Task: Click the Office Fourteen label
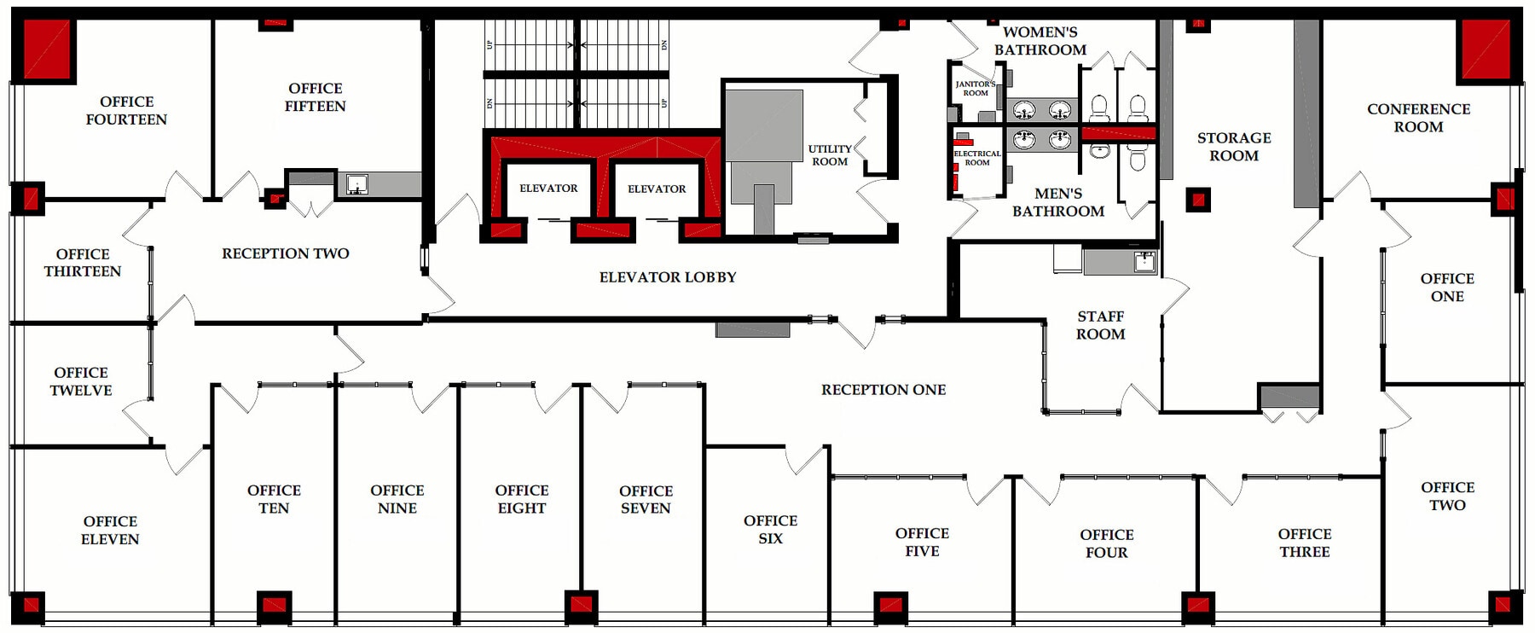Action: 126,111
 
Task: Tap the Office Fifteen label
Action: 315,97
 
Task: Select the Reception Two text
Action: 285,253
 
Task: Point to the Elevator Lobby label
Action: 667,277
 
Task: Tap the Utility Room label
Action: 829,155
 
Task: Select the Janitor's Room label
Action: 975,89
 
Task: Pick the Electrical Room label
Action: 977,158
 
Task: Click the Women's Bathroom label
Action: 1040,41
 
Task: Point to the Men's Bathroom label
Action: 1057,202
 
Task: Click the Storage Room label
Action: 1233,147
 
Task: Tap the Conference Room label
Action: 1418,118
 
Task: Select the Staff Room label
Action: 1100,325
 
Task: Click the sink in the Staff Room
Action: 1144,261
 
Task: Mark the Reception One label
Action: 883,390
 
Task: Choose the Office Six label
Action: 770,529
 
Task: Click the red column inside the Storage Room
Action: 1198,200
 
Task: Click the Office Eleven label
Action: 110,530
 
